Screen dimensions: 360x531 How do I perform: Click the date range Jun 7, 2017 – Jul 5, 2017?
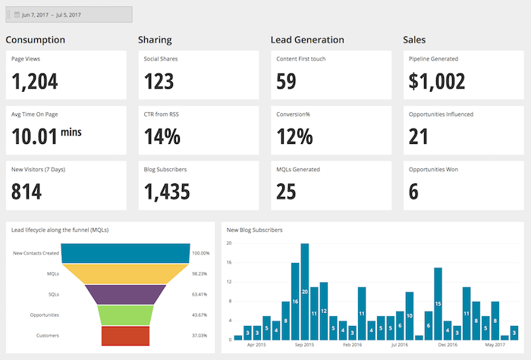pyautogui.click(x=69, y=14)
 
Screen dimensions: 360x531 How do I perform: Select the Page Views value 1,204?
pyautogui.click(x=35, y=80)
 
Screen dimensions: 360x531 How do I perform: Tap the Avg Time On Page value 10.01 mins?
pyautogui.click(x=47, y=136)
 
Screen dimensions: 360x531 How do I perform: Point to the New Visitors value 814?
pyautogui.click(x=27, y=191)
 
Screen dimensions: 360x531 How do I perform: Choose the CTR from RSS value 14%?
pyautogui.click(x=162, y=136)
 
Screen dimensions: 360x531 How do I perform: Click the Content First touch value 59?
pyautogui.click(x=286, y=80)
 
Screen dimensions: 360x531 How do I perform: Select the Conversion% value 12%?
pyautogui.click(x=294, y=136)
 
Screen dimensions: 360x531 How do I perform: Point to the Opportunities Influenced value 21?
pyautogui.click(x=419, y=136)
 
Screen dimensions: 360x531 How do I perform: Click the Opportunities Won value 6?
pyautogui.click(x=413, y=191)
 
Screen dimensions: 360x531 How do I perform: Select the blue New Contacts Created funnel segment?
pyautogui.click(x=125, y=253)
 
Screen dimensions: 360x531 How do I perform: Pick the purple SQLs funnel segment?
pyautogui.click(x=125, y=294)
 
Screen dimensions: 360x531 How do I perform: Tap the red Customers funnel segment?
pyautogui.click(x=125, y=335)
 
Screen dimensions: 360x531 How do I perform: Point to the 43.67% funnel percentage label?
pyautogui.click(x=200, y=315)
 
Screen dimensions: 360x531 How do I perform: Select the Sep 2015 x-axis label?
pyautogui.click(x=303, y=345)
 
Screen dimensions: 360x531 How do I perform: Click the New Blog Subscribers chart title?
pyautogui.click(x=255, y=230)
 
